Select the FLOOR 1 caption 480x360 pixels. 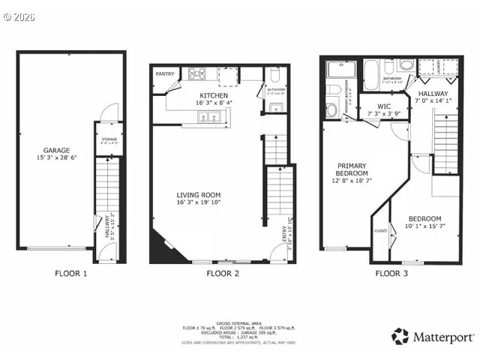71,274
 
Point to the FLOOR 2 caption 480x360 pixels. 223,274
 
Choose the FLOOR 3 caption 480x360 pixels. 391,274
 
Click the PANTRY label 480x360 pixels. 164,74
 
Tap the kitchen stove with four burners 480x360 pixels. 196,73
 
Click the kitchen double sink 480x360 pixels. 204,116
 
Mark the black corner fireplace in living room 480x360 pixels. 160,247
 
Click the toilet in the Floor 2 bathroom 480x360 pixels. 274,76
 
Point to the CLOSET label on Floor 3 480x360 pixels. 380,231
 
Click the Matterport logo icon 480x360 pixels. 400,336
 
